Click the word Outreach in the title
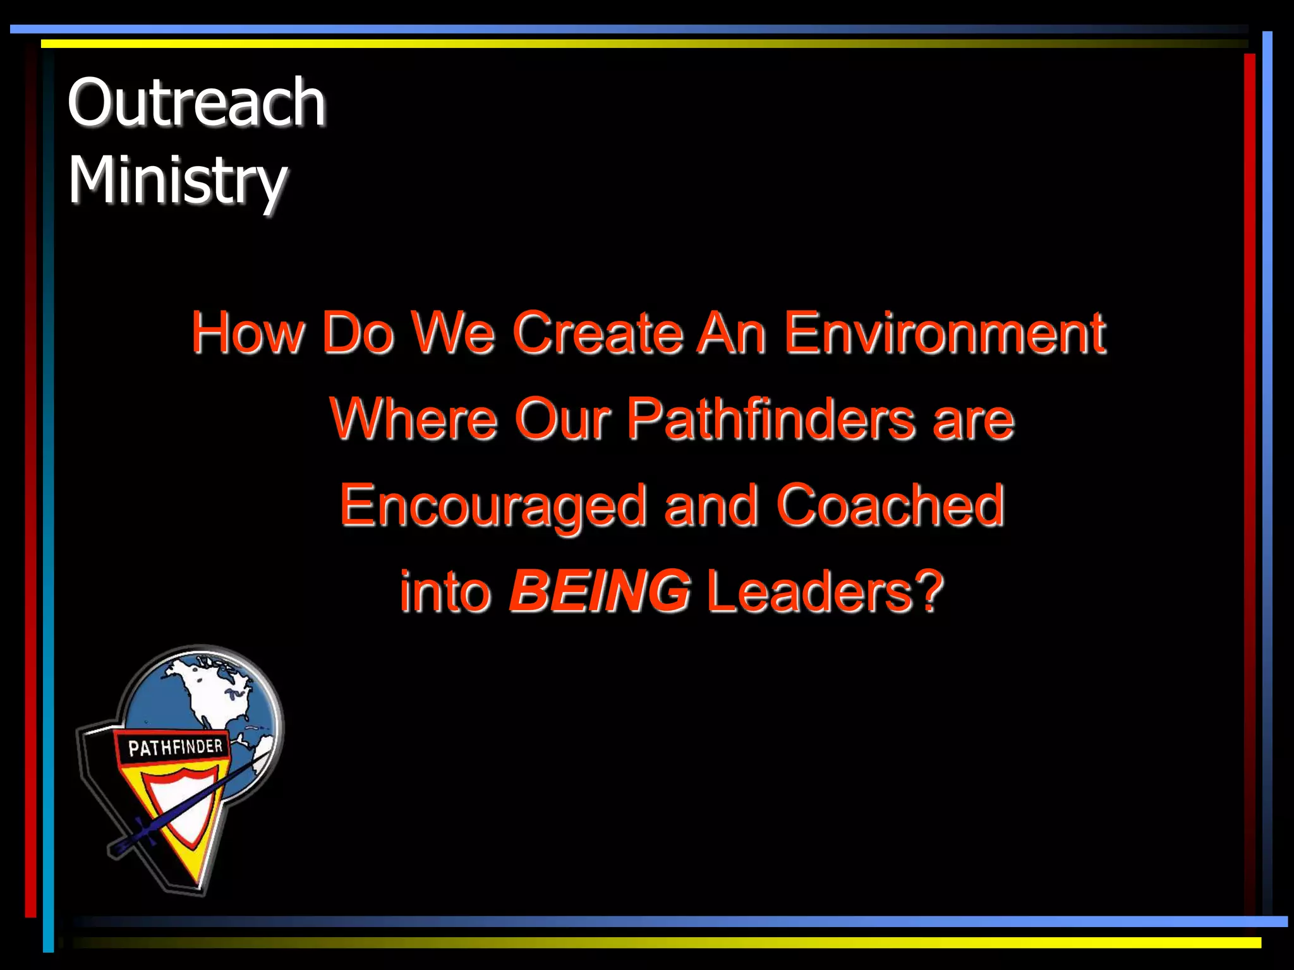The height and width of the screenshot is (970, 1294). [197, 102]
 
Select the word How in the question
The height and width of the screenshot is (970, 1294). [248, 333]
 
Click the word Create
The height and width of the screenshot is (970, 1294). [598, 333]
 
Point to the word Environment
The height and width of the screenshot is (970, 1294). [945, 333]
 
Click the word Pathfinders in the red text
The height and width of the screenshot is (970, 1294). [771, 419]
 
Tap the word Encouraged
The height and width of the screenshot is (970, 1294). [493, 507]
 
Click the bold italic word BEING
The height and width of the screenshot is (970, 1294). [600, 591]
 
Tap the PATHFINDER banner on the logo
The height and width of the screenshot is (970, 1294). [175, 748]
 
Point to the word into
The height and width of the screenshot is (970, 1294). [445, 591]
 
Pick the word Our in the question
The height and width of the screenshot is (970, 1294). [563, 419]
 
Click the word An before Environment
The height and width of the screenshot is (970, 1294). [732, 333]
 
